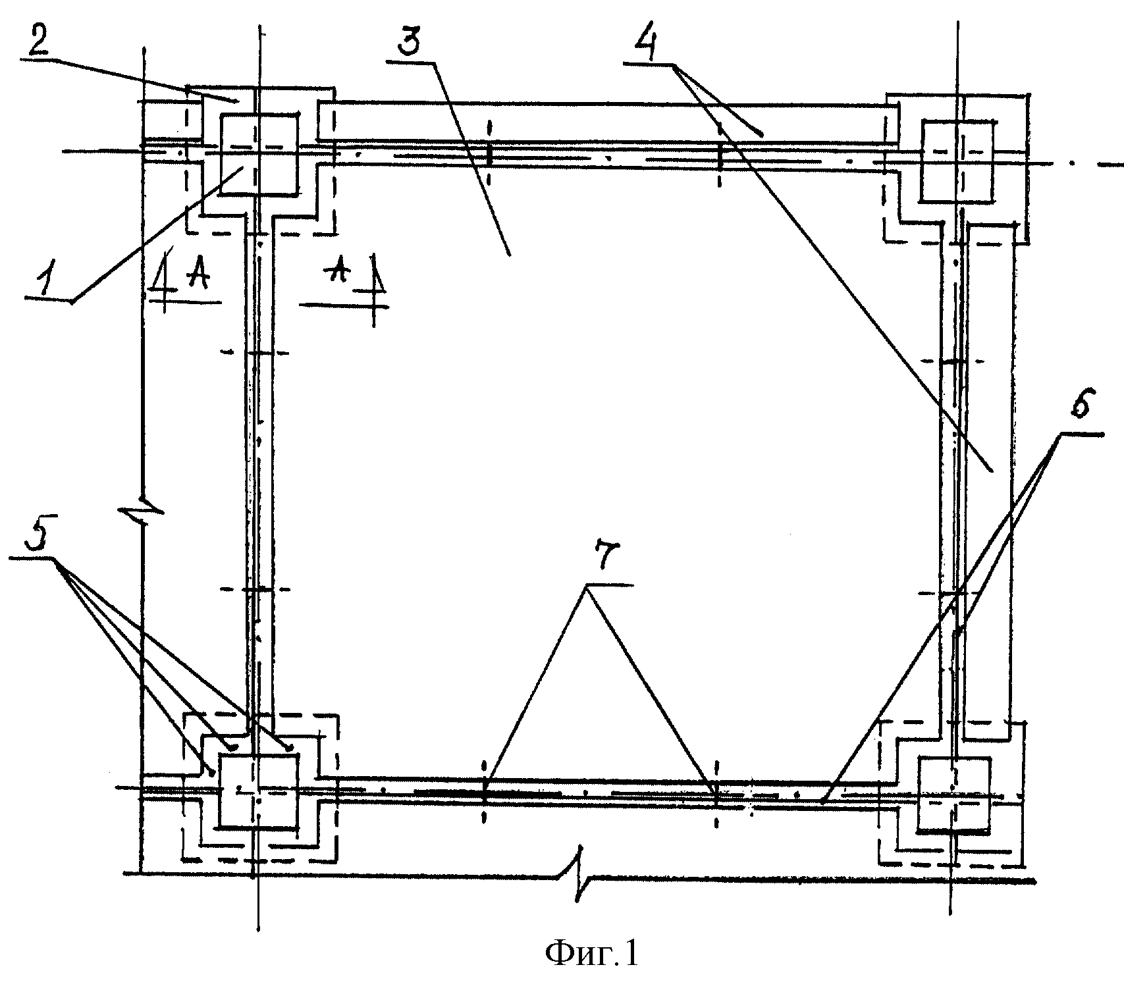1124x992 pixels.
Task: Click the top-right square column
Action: pos(958,161)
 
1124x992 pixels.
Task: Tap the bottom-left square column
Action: pos(258,791)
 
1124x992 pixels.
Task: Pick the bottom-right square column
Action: pos(953,796)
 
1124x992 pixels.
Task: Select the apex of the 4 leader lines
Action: pos(676,65)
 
